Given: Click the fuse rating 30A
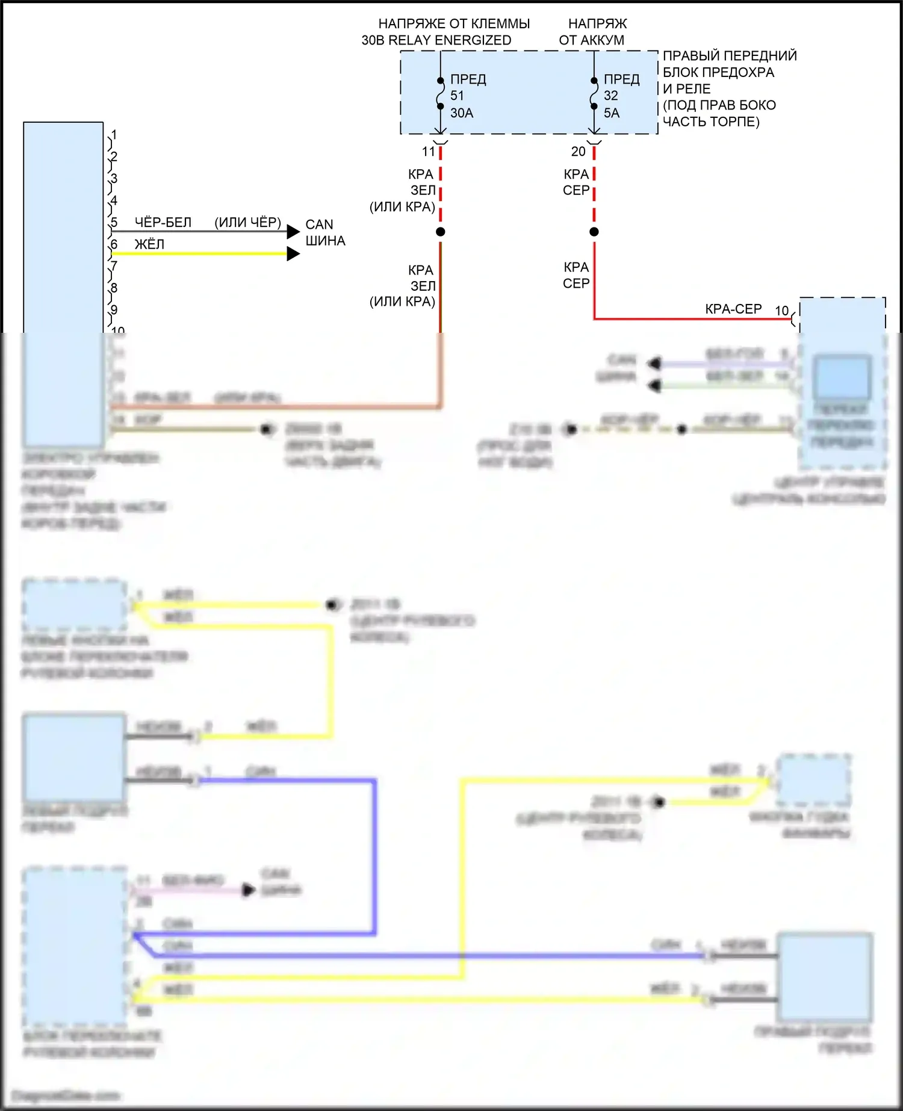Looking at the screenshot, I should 462,113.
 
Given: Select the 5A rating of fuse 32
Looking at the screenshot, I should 612,113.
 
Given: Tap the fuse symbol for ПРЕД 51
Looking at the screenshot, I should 441,93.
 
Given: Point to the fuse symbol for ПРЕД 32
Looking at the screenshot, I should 594,93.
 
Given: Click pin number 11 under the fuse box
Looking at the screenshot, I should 428,152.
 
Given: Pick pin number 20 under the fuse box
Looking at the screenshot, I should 578,152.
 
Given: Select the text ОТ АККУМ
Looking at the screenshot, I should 591,40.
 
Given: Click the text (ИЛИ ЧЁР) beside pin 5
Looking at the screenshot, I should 247,223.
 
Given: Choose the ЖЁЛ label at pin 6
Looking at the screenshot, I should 149,244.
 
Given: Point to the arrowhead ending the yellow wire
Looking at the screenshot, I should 293,254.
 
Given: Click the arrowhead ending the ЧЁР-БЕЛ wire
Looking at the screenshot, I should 293,232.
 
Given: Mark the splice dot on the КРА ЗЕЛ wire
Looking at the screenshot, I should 441,232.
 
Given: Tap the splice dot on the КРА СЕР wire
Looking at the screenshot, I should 594,232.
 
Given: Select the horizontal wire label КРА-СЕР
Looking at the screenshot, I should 733,309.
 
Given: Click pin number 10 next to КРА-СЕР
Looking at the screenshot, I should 781,311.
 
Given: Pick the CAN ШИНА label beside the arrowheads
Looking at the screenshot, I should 325,233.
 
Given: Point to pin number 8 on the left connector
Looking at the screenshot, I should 114,288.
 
